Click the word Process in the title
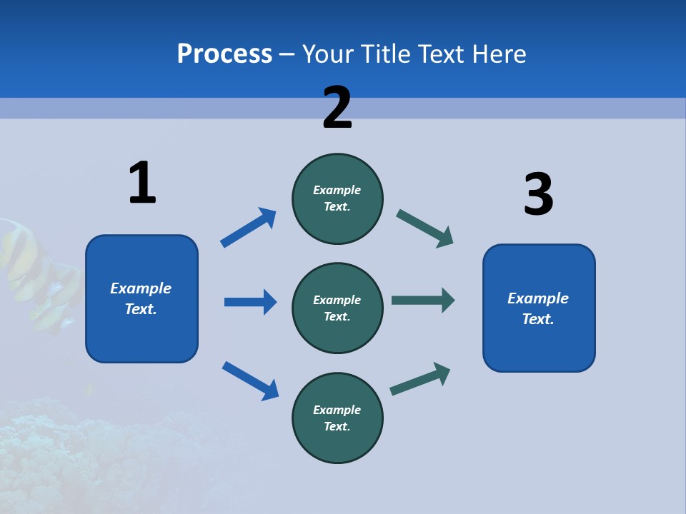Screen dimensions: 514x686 pyautogui.click(x=224, y=54)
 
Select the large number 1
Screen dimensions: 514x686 pyautogui.click(x=142, y=183)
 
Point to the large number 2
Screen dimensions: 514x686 pyautogui.click(x=337, y=108)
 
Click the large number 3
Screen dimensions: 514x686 pyautogui.click(x=538, y=195)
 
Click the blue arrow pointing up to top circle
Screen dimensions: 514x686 pyautogui.click(x=248, y=228)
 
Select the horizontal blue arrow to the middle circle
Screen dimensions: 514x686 pyautogui.click(x=250, y=302)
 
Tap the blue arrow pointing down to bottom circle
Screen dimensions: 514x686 pyautogui.click(x=250, y=381)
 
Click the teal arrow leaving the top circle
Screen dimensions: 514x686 pyautogui.click(x=424, y=228)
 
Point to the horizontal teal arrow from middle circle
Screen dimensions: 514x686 pyautogui.click(x=422, y=300)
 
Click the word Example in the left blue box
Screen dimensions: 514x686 pyautogui.click(x=141, y=288)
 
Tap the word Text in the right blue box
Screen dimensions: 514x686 pyautogui.click(x=537, y=319)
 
